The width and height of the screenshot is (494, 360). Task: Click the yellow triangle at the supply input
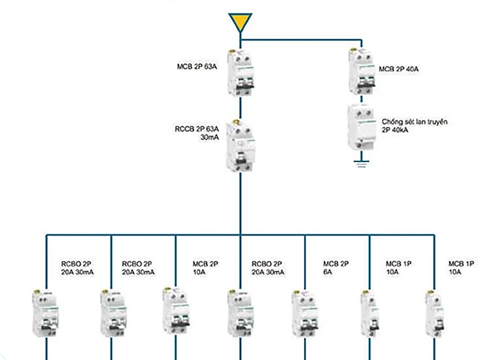tap(240, 22)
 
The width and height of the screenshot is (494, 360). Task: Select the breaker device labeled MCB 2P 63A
tap(240, 72)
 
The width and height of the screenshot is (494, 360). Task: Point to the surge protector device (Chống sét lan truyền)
tap(361, 127)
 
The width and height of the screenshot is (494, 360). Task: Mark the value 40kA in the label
tap(402, 131)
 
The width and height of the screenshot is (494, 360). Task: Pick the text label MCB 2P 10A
tap(205, 268)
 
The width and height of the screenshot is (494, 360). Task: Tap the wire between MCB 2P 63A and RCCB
tap(240, 107)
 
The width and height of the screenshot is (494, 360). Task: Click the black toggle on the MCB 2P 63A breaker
tap(240, 86)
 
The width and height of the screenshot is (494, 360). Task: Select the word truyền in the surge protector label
tap(437, 122)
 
